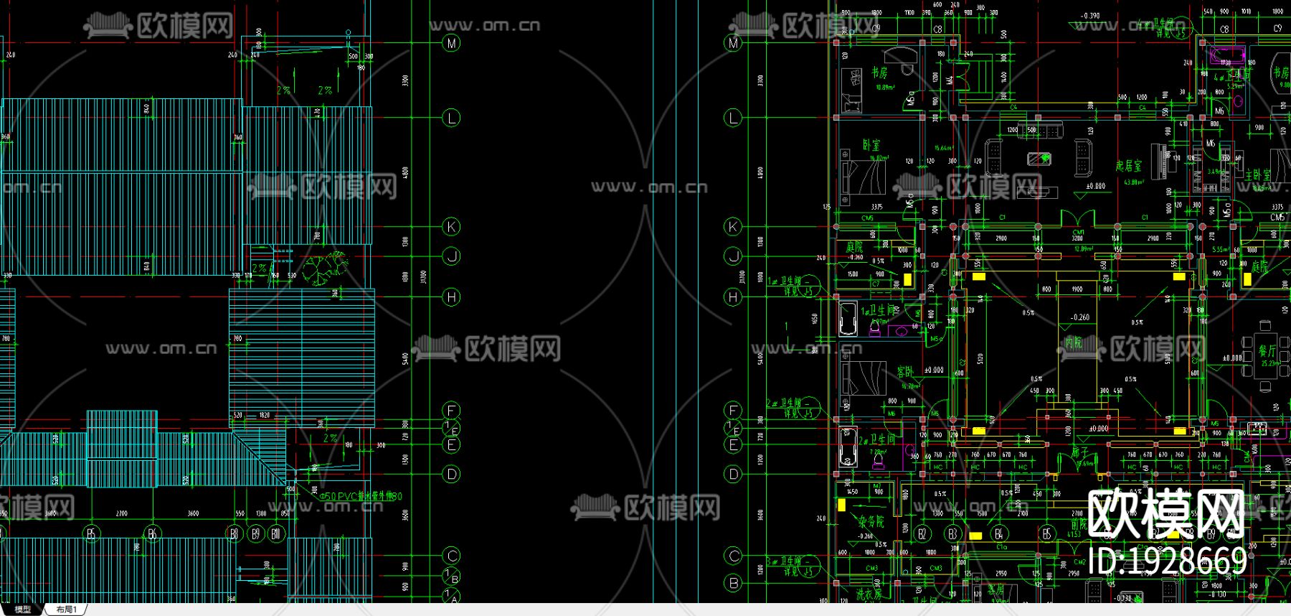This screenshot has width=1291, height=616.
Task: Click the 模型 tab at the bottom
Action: [x=23, y=610]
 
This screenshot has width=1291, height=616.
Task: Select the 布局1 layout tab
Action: [x=66, y=610]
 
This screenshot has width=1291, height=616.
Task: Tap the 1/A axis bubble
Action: [x=451, y=595]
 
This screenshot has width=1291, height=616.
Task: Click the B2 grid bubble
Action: [x=922, y=533]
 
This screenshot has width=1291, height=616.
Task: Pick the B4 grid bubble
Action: [x=998, y=533]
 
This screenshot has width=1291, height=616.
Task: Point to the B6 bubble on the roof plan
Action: [x=151, y=533]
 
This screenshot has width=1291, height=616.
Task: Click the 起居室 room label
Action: [x=1128, y=166]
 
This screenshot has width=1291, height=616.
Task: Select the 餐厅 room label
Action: [x=1267, y=350]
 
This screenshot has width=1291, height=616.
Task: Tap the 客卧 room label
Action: [x=905, y=372]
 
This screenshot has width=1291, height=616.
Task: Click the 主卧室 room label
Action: [x=1257, y=174]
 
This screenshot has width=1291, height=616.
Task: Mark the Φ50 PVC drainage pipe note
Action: [x=361, y=496]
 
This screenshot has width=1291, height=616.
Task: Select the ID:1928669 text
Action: [x=1168, y=561]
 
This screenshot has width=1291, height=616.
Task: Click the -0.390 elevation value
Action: [x=1090, y=15]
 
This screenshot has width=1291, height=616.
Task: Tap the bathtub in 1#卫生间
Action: [x=848, y=318]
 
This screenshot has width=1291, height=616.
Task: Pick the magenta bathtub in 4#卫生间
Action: [x=1227, y=55]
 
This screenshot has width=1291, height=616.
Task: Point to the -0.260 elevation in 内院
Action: [x=1079, y=317]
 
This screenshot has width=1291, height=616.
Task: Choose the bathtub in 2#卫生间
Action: [x=848, y=447]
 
